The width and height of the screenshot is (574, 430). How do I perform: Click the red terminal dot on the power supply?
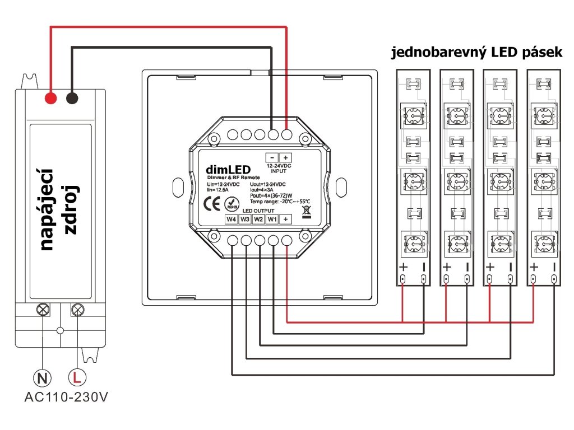coord(51,99)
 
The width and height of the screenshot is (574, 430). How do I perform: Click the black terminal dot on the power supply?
coord(72,99)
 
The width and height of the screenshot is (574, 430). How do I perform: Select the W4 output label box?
coord(232,219)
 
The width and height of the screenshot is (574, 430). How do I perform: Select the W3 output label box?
coord(245,219)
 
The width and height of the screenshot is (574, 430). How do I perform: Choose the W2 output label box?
coord(258,219)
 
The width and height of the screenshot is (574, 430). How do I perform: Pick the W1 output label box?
coord(272,219)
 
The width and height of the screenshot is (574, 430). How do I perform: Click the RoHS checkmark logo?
coord(229,204)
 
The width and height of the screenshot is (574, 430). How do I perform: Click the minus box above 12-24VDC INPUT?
coord(271,158)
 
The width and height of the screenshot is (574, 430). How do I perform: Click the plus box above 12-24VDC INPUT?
coord(285,158)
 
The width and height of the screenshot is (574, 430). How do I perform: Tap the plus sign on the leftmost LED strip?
coord(403,267)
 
